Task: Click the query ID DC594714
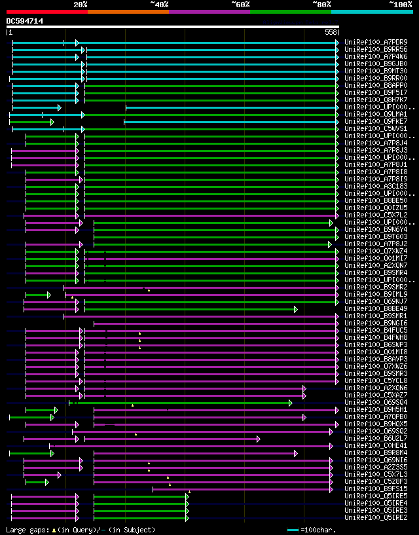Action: (x=25, y=21)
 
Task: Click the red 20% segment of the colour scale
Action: (x=46, y=11)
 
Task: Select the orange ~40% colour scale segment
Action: (x=128, y=11)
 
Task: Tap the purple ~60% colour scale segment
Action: (x=209, y=11)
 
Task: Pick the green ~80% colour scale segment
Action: (x=290, y=11)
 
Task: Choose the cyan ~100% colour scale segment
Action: (x=371, y=11)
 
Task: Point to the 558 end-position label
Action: (x=331, y=32)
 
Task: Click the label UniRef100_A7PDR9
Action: (x=376, y=43)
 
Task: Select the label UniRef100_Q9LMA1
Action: (x=376, y=114)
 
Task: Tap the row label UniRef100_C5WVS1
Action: (x=376, y=128)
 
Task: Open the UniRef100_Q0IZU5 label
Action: (x=376, y=208)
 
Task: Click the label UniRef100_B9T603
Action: (x=376, y=236)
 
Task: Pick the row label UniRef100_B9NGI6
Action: (x=376, y=323)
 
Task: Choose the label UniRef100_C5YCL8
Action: (x=376, y=380)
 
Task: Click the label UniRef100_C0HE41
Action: (x=376, y=445)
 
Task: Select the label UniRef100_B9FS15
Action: (x=376, y=489)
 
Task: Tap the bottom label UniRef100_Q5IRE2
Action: (x=376, y=517)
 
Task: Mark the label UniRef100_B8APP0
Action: (x=376, y=85)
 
